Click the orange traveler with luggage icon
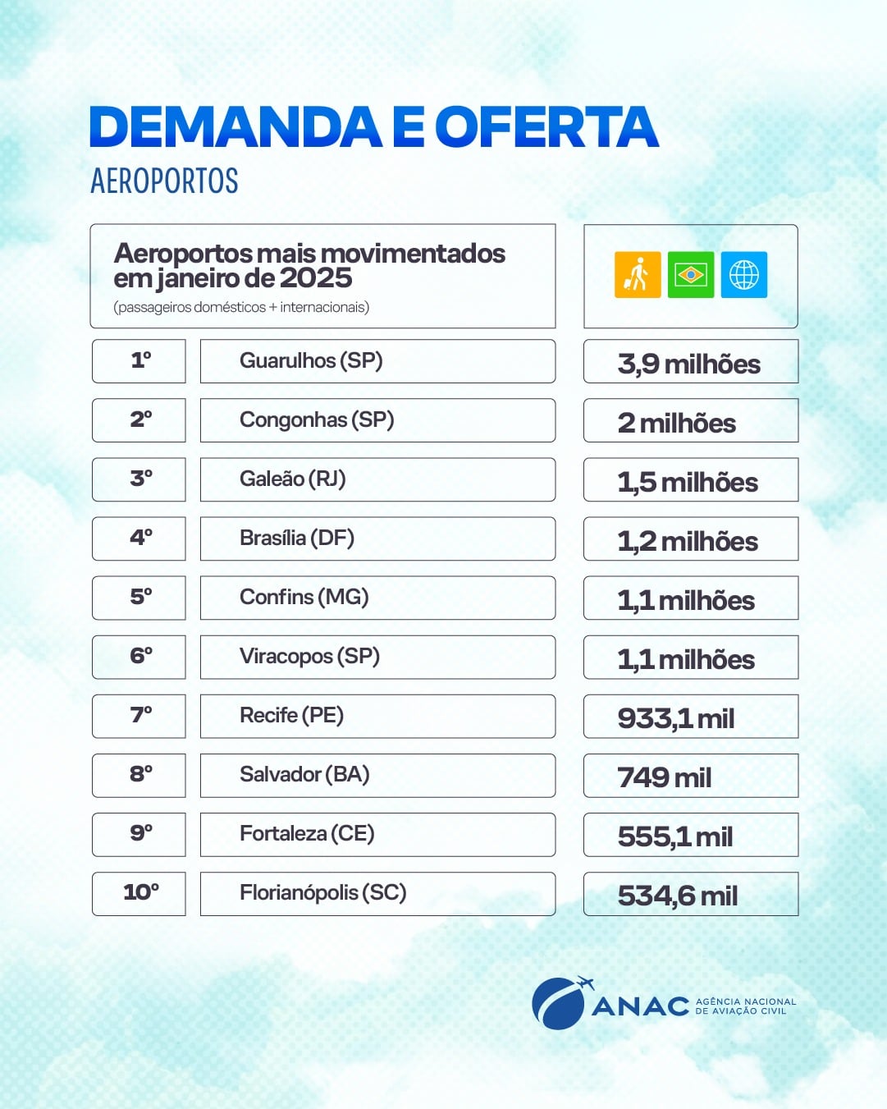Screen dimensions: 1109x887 (638, 274)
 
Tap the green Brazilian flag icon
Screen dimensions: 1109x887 (691, 274)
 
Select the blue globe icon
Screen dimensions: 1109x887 (744, 274)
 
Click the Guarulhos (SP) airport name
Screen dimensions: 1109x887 (311, 361)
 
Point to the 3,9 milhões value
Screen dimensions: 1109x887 (689, 364)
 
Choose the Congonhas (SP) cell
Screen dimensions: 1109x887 (317, 420)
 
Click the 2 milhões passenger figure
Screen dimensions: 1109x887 (677, 423)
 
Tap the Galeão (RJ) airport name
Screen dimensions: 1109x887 (293, 479)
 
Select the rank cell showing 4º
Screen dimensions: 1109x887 (139, 538)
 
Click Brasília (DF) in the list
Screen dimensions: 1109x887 (297, 538)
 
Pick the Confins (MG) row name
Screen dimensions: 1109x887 (304, 598)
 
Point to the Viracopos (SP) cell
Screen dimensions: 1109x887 (309, 657)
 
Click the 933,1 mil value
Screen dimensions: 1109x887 (676, 718)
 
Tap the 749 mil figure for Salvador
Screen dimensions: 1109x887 (665, 777)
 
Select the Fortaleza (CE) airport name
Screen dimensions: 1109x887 (307, 834)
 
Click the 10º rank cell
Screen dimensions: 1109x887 (139, 893)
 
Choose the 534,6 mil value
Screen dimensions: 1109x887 (678, 896)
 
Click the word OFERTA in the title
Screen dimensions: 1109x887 (546, 127)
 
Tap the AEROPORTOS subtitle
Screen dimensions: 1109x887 (164, 181)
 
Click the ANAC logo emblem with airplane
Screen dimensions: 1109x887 (560, 1002)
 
